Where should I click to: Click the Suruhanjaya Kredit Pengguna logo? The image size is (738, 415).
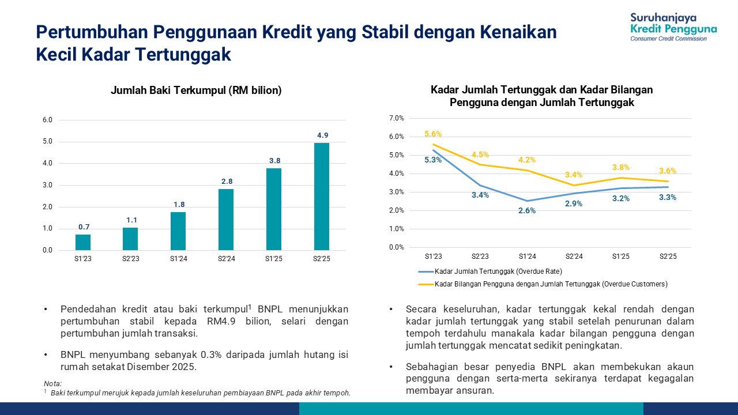click(673, 27)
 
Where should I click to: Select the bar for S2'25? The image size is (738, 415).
click(322, 197)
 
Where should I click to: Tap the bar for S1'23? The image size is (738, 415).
click(83, 242)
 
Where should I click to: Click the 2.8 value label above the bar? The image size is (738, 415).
click(227, 181)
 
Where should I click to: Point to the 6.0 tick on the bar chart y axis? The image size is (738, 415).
click(47, 120)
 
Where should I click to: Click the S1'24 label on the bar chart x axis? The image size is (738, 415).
click(178, 259)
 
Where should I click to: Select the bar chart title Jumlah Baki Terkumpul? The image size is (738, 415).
click(196, 90)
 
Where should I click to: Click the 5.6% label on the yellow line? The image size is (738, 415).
click(433, 134)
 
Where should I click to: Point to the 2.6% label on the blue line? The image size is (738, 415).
click(527, 210)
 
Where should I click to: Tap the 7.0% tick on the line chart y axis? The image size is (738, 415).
click(397, 118)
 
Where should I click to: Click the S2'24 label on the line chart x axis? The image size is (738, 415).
click(574, 256)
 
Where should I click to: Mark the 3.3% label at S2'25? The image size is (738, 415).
click(667, 197)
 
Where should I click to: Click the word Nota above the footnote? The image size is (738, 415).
click(52, 384)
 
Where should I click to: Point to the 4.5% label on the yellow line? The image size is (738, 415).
click(480, 154)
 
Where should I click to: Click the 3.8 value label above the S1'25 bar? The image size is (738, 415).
click(274, 161)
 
